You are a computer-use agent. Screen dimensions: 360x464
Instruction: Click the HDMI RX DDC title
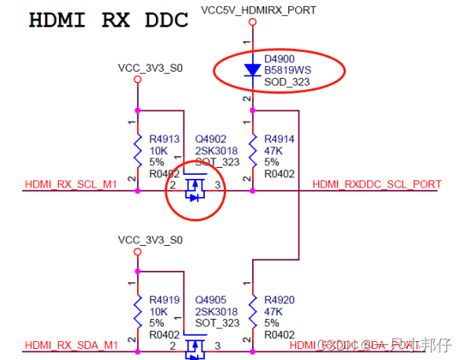[x=108, y=20]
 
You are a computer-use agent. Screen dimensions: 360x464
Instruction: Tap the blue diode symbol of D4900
[x=252, y=70]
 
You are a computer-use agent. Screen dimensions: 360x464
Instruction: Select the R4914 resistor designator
[x=280, y=139]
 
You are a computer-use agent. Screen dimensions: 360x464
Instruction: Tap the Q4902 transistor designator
[x=212, y=139]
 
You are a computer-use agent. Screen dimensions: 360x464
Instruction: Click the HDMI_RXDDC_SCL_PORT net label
[x=377, y=184]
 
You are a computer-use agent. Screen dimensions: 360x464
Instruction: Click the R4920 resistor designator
[x=280, y=299]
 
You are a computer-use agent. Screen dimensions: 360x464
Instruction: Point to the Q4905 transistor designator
[x=212, y=299]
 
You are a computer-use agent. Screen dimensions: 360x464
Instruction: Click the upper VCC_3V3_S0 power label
[x=150, y=69]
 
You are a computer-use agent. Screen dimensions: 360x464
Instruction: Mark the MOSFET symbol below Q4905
[x=195, y=347]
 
